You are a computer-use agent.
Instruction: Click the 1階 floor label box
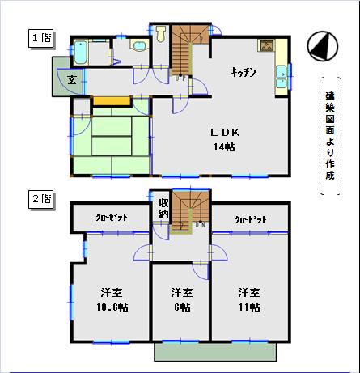tap(41, 38)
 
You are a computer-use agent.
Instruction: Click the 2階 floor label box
tap(41, 199)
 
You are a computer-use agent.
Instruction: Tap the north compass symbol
tap(323, 46)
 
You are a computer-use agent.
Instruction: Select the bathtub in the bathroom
tap(81, 53)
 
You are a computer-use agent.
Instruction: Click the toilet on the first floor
tap(161, 34)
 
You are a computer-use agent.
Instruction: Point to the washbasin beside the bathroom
tap(139, 45)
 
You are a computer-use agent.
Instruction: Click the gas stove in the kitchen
tap(266, 45)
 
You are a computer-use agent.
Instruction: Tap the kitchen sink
tap(282, 77)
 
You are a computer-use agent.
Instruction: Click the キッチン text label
tap(244, 72)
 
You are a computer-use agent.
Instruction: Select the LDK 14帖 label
tap(225, 139)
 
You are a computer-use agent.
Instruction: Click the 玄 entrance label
tap(72, 79)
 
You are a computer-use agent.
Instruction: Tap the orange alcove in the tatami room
tap(112, 101)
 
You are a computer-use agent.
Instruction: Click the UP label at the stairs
tap(180, 78)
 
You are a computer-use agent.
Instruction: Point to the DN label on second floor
tap(201, 224)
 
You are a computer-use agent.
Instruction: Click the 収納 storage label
tap(163, 208)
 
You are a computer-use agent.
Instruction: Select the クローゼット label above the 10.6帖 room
tap(112, 218)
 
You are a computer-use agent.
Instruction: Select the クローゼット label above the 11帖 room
tap(251, 219)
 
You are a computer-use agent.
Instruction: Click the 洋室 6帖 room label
tap(182, 299)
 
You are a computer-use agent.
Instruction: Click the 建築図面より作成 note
tap(330, 136)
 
